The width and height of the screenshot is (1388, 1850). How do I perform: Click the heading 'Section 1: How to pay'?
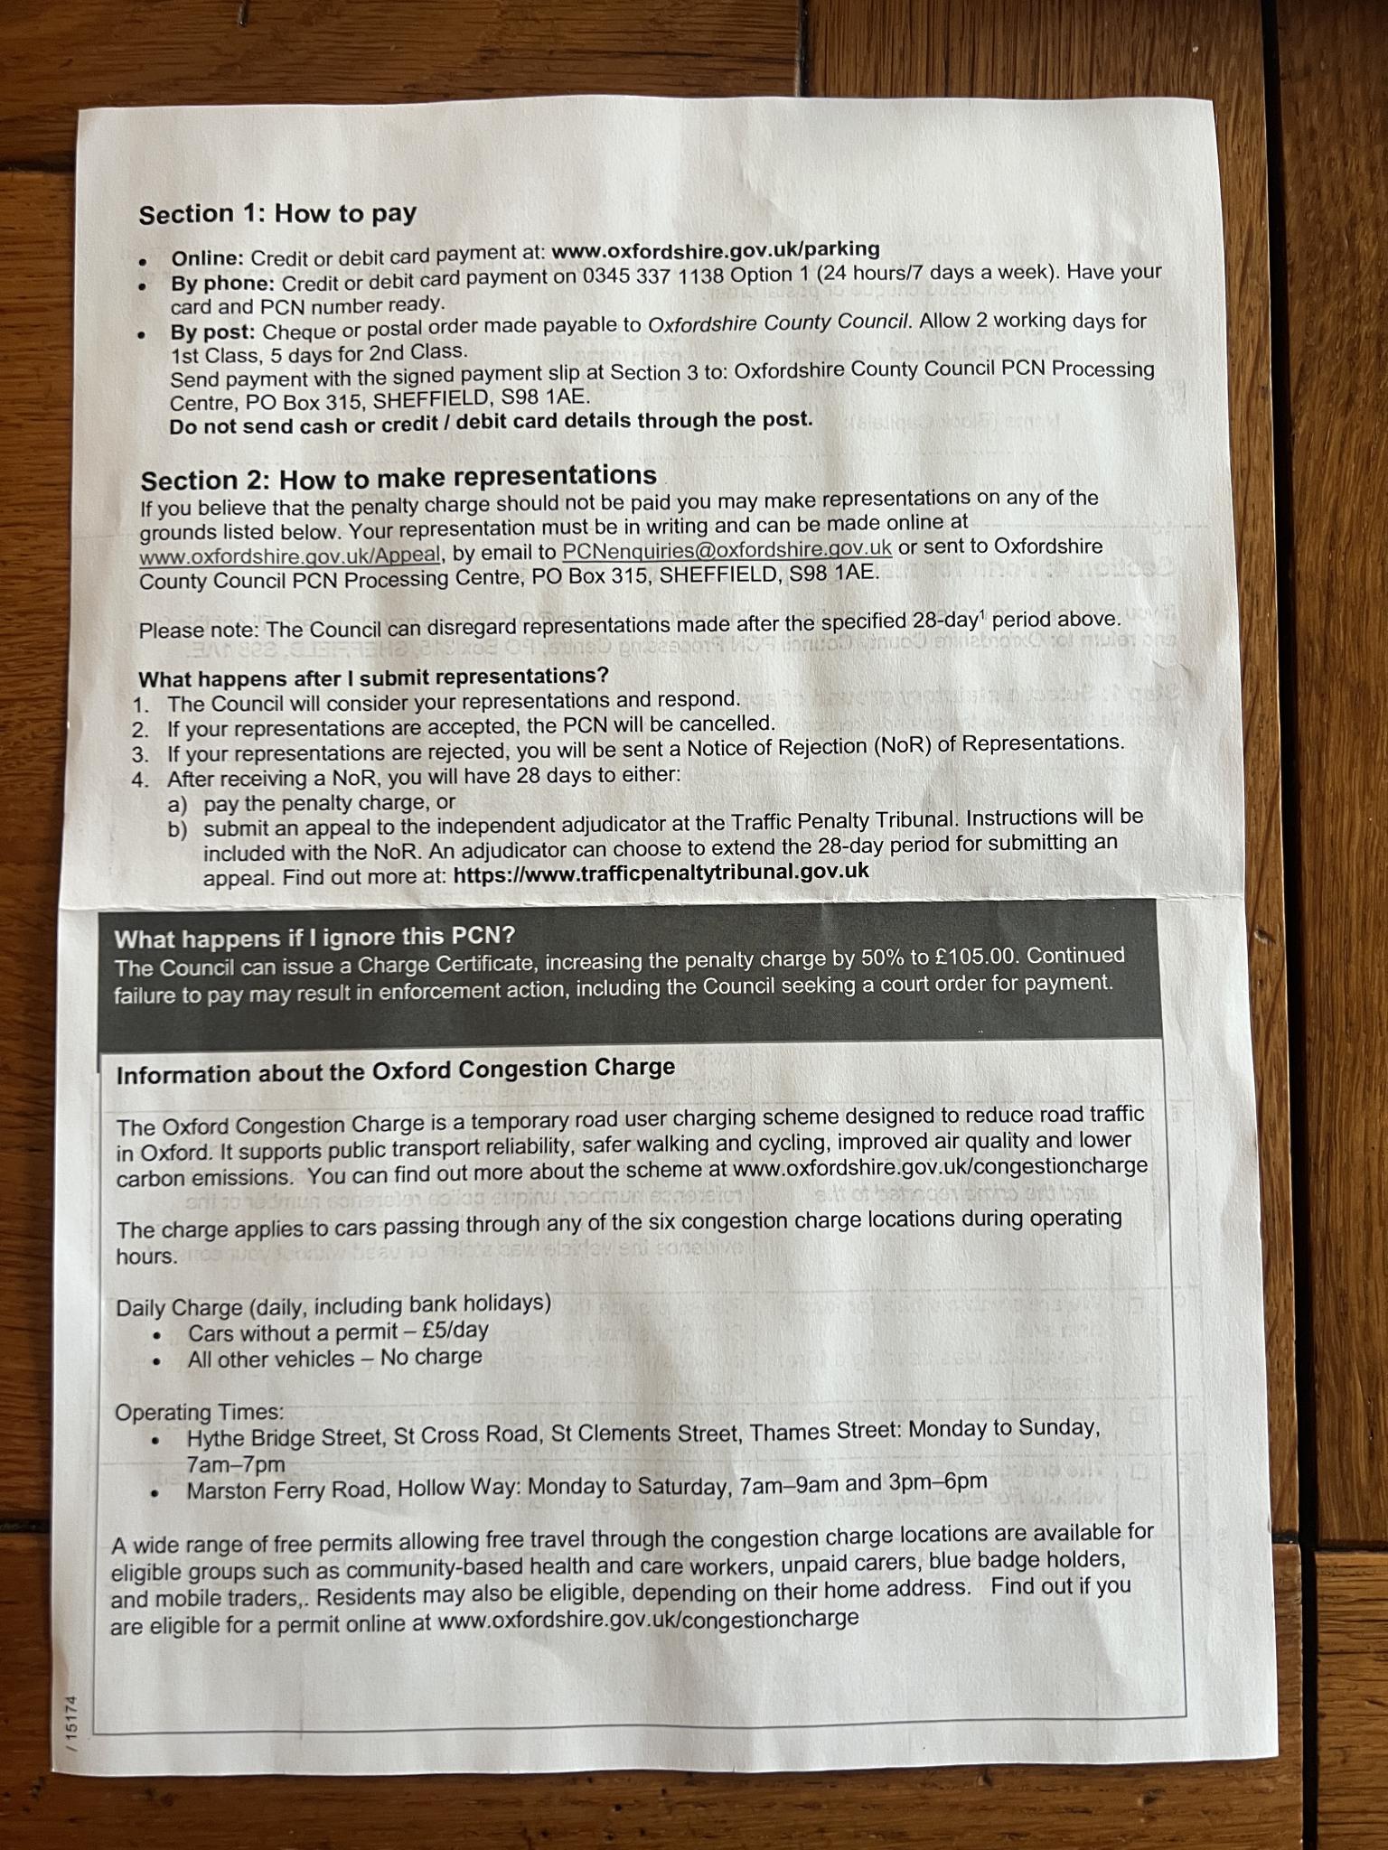(277, 214)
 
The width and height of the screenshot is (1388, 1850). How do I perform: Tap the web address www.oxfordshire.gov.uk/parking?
(715, 249)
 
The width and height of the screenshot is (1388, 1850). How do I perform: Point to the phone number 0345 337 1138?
(652, 276)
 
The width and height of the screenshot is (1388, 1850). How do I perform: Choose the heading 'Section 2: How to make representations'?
(399, 477)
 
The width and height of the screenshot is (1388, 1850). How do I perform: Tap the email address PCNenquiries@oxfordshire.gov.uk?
(727, 549)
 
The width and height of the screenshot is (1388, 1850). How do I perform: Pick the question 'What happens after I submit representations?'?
(373, 677)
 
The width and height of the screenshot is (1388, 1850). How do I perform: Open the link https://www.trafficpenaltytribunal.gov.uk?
(661, 872)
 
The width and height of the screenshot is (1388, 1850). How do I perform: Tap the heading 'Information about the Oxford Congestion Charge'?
(395, 1072)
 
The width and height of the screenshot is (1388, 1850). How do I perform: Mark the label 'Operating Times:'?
(199, 1412)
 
